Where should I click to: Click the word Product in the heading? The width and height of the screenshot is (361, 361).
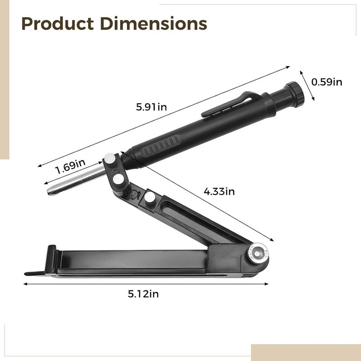point(58,23)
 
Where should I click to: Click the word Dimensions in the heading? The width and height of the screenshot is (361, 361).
point(153,23)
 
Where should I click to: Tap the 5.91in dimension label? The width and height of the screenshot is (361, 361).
point(151,107)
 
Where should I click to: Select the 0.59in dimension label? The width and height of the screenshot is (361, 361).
point(327,82)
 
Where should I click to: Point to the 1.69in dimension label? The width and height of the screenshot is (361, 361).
point(70,166)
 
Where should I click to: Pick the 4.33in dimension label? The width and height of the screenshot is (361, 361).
point(219,191)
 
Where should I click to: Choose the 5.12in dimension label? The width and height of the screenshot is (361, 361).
point(143,294)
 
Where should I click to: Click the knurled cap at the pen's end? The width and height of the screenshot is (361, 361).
point(296,94)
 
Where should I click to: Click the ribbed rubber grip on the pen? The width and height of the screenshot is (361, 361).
point(161,146)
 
